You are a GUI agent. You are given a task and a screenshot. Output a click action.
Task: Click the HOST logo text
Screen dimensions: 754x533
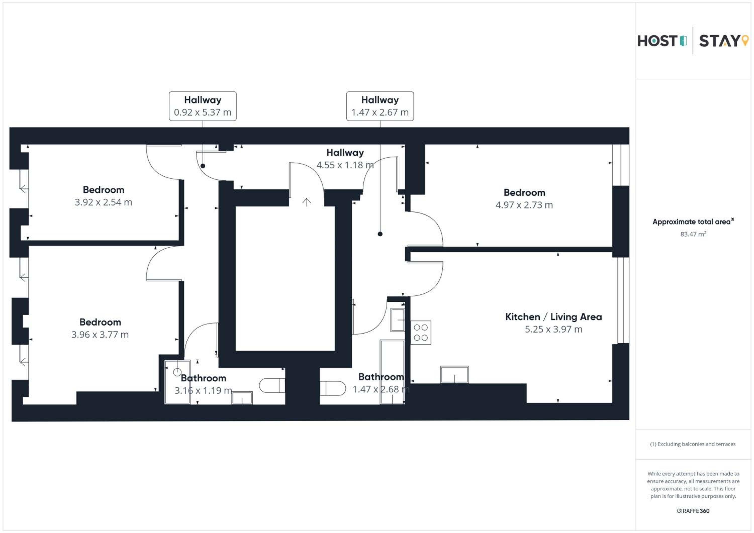(657, 41)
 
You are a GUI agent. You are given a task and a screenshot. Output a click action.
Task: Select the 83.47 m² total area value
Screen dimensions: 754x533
(693, 234)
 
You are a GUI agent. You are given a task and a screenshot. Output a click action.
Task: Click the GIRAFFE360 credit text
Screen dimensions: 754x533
(693, 511)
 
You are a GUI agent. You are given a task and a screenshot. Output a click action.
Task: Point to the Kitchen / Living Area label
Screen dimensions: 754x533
(553, 317)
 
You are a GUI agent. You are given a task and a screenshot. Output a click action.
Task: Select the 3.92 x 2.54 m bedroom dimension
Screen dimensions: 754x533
(104, 202)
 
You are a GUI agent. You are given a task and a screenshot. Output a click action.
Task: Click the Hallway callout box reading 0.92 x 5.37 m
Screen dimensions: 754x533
(203, 106)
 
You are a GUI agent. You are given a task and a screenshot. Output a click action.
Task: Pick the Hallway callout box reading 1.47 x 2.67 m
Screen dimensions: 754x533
(380, 106)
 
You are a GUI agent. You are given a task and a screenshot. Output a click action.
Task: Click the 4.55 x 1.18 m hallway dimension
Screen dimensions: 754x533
(345, 165)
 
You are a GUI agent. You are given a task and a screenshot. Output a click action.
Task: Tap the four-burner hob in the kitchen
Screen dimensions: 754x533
(421, 333)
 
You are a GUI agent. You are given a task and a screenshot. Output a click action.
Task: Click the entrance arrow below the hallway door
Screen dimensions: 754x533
(306, 202)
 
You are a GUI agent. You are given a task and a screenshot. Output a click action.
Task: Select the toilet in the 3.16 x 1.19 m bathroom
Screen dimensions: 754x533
(272, 386)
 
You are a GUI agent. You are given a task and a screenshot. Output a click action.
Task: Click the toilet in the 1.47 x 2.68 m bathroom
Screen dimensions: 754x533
(333, 388)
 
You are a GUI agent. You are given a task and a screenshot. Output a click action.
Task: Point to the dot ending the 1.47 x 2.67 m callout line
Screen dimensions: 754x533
(380, 234)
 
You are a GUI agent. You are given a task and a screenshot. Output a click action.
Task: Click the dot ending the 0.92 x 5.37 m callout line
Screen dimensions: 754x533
(203, 166)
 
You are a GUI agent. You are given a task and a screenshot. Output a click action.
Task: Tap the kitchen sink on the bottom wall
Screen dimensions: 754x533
(454, 375)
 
